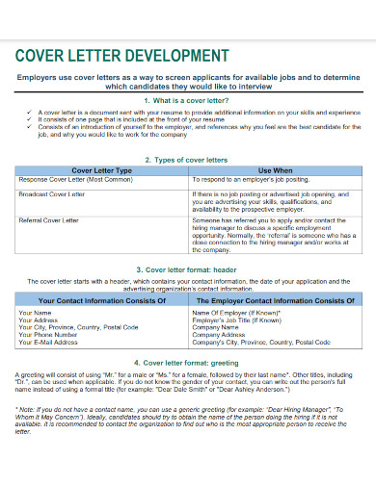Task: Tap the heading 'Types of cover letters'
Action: pyautogui.click(x=187, y=160)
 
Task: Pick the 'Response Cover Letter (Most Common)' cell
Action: pyautogui.click(x=76, y=179)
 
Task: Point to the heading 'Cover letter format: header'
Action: pyautogui.click(x=187, y=270)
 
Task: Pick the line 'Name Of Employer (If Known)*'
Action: pyautogui.click(x=237, y=313)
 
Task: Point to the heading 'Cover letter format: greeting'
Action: pyautogui.click(x=187, y=363)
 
